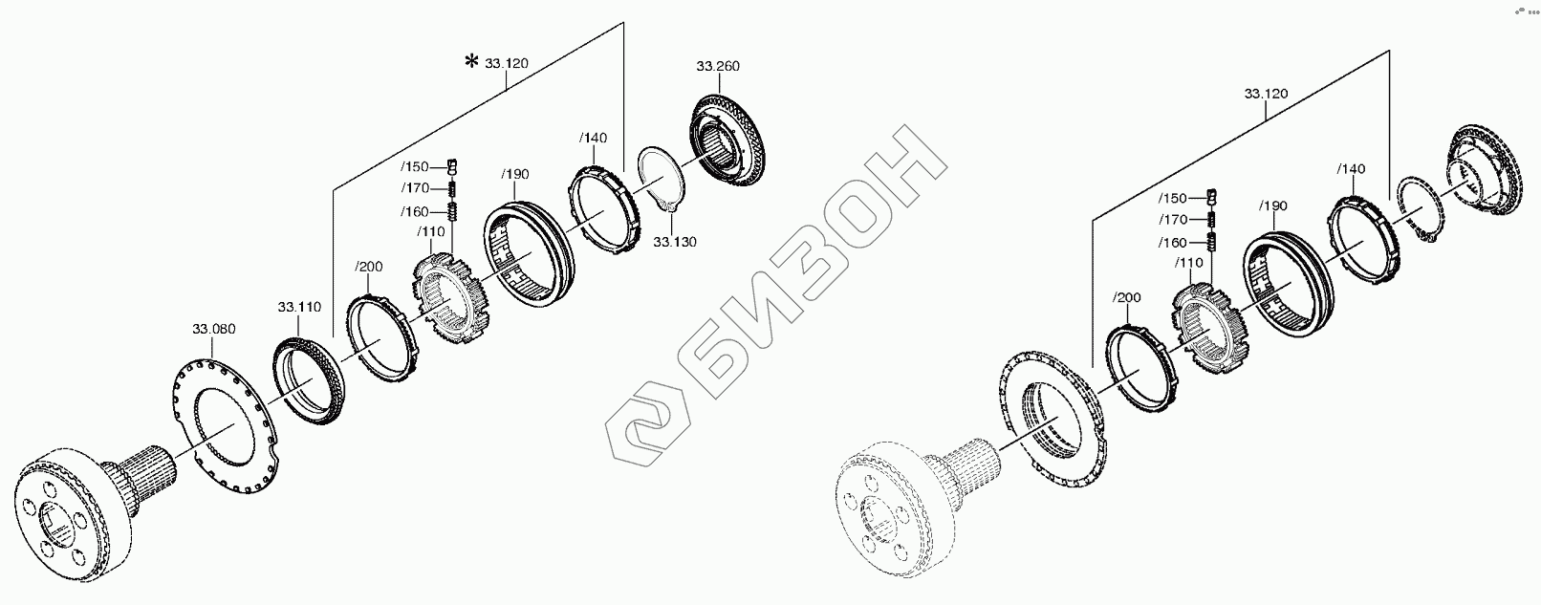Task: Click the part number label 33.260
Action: tap(717, 67)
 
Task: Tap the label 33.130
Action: tap(675, 242)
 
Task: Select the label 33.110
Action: tap(299, 308)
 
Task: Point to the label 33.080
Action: tap(213, 330)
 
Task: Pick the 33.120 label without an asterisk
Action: tap(1266, 94)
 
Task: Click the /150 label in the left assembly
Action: tap(416, 166)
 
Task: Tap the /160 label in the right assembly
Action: tap(1172, 243)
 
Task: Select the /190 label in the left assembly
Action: tap(515, 174)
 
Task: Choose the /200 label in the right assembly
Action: tap(1127, 297)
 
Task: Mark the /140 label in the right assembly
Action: tap(1351, 169)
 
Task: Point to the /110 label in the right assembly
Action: tap(1190, 263)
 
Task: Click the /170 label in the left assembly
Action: tap(416, 188)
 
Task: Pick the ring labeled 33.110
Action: tap(308, 378)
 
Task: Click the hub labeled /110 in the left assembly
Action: tap(449, 296)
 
